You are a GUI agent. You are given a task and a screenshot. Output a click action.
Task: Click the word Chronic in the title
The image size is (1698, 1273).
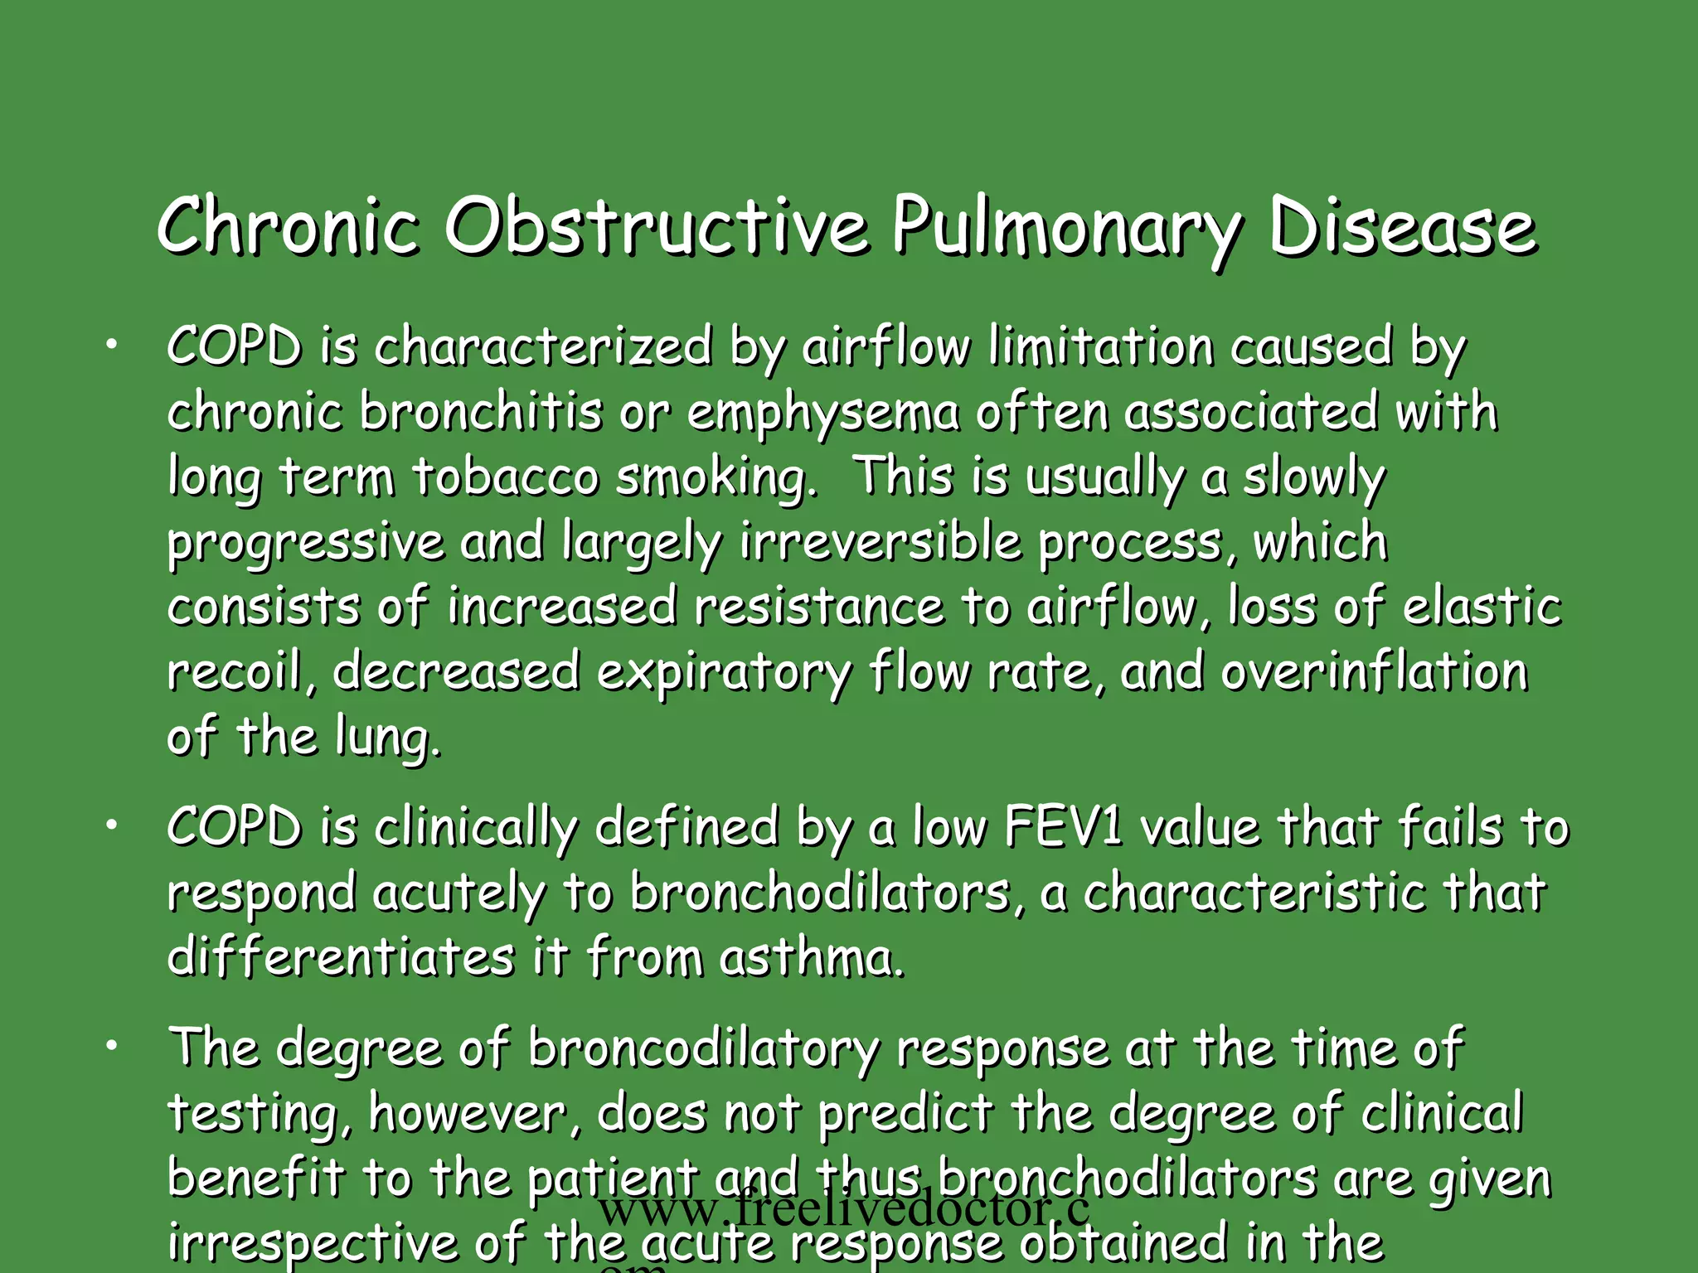coord(286,226)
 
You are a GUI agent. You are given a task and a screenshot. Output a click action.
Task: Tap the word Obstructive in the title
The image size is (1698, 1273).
coord(657,226)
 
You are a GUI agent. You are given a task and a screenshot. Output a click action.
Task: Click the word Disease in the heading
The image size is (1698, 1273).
coord(1402,226)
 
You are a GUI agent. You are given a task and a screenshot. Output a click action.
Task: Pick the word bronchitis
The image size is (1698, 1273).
coord(481,412)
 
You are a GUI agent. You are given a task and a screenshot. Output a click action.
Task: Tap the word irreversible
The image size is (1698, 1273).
coord(881,542)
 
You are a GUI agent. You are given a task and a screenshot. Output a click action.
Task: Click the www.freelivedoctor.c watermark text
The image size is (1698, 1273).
coord(843,1209)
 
